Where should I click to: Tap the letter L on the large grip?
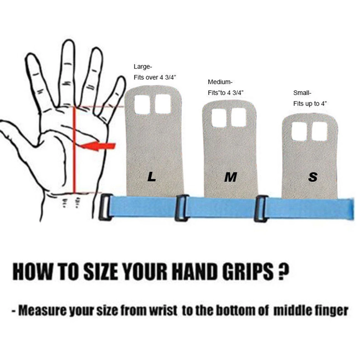pos(151,177)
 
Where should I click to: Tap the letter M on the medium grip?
pos(230,177)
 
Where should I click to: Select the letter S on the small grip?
pos(313,177)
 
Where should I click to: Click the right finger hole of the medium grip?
pos(238,116)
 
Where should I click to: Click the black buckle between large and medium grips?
pos(181,208)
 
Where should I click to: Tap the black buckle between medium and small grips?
pos(261,208)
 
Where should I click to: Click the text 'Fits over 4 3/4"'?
pos(155,78)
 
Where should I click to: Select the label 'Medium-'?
pos(220,82)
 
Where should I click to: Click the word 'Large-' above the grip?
pos(143,67)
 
